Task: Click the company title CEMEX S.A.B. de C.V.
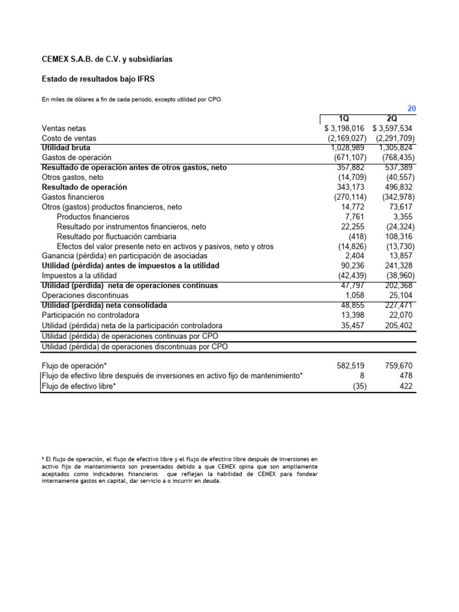[107, 59]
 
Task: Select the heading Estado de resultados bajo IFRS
[99, 79]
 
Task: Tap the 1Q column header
[345, 118]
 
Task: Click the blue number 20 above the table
[411, 108]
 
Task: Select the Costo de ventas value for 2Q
[393, 138]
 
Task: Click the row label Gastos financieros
[73, 197]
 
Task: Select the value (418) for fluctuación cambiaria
[357, 236]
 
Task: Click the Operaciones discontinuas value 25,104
[399, 295]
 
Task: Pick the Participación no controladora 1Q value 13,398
[353, 315]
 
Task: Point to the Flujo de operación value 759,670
[397, 365]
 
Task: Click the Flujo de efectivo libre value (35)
[359, 386]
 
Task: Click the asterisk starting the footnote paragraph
[43, 458]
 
